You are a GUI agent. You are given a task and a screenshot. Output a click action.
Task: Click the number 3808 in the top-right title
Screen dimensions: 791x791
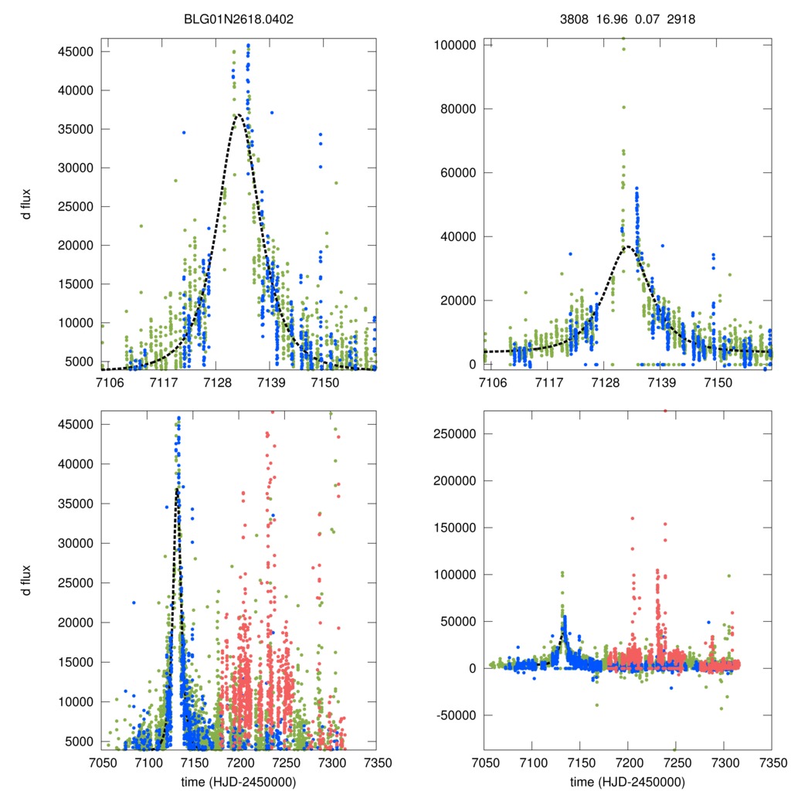572,18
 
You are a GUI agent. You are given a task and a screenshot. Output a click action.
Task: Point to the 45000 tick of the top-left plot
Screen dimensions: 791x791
76,52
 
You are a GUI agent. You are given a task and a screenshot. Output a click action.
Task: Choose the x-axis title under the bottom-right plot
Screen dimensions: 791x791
627,780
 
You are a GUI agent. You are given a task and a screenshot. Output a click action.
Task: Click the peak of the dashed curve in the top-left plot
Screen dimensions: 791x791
238,114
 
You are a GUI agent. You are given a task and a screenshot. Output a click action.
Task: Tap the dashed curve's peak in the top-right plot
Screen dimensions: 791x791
627,246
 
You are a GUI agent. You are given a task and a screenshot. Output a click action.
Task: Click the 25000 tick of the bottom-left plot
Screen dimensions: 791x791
76,582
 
